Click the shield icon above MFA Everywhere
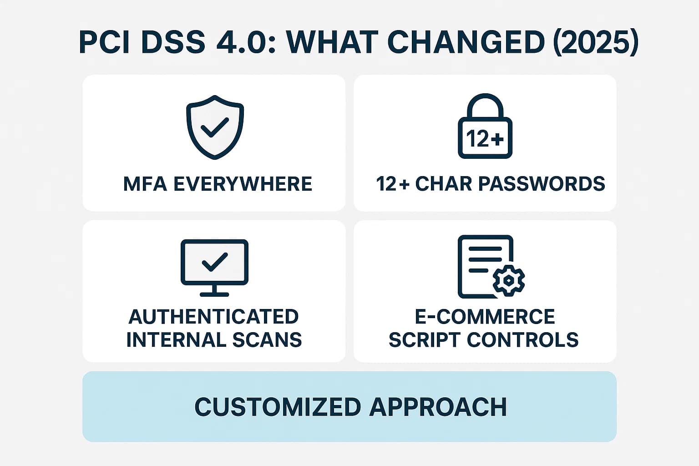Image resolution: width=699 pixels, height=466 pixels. click(x=215, y=127)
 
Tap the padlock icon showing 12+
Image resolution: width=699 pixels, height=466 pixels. click(x=485, y=127)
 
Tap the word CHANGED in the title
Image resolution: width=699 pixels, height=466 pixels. click(x=466, y=42)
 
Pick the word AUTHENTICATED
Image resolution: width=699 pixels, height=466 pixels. click(x=214, y=317)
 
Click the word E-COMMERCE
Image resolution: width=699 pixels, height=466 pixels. click(x=485, y=317)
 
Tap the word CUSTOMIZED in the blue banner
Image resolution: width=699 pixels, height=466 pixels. click(x=278, y=407)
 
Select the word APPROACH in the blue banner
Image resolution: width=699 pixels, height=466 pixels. click(x=438, y=407)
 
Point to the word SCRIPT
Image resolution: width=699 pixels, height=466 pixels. click(x=425, y=340)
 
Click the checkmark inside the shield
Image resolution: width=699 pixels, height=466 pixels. click(x=215, y=127)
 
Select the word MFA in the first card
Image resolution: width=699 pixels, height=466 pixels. click(x=145, y=184)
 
